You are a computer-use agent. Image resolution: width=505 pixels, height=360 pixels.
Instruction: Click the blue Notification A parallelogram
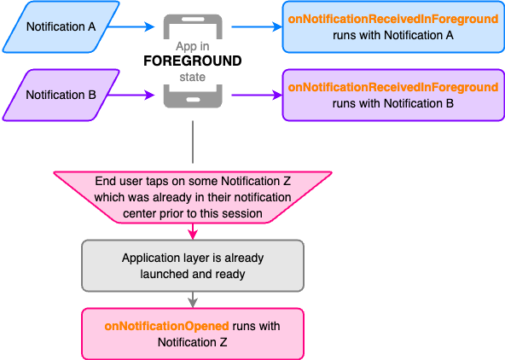coord(61,26)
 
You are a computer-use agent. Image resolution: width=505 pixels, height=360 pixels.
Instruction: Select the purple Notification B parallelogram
coord(61,95)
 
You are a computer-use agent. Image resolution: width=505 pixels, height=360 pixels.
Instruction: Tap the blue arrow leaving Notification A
coord(131,26)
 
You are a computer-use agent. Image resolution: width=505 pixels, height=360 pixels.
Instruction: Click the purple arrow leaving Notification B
coord(131,95)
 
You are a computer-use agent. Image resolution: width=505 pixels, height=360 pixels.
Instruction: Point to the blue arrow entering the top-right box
coord(257,26)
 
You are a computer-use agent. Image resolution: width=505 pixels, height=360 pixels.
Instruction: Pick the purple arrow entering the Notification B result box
coord(257,95)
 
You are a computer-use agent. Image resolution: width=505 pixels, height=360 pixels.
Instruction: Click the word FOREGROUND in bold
coord(193,61)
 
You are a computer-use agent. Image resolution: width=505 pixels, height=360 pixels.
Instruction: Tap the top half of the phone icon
coord(193,26)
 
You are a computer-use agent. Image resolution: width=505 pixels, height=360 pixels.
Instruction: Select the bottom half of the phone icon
coord(193,96)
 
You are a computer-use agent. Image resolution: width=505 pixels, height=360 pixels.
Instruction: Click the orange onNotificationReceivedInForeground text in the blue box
coord(393,19)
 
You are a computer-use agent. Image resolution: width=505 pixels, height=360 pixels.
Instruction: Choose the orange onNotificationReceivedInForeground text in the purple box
coord(393,87)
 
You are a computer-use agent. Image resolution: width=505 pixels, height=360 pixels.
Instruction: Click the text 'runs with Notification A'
coord(393,35)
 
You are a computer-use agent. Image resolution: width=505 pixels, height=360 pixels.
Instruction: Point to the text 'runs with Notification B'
coord(393,103)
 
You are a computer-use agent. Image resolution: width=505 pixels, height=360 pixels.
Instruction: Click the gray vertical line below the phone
coord(193,142)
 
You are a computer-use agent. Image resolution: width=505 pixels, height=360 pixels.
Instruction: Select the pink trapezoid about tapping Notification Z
coord(193,197)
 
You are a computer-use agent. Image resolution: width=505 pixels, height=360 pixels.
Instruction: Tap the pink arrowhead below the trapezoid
coord(193,235)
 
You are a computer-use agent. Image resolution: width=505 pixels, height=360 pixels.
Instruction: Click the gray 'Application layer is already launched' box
coord(193,265)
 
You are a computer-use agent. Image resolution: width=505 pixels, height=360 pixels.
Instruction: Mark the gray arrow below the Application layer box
coord(193,299)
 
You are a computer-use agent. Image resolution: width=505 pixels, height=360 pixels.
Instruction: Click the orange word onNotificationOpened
coord(167,326)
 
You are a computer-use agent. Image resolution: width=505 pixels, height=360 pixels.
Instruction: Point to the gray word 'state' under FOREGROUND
coord(193,77)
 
